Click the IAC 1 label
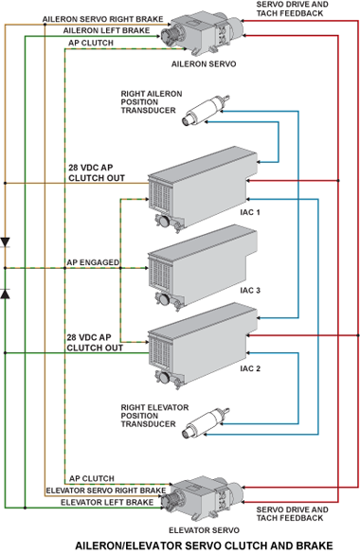coord(250,212)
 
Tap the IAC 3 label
coord(250,291)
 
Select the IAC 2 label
coord(250,368)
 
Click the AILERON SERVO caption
coord(204,64)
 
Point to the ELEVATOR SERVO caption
coord(205,530)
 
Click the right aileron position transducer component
coord(206,110)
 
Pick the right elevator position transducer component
coord(206,423)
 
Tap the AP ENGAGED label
coord(93,262)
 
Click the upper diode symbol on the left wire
coord(5,242)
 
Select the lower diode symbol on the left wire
coord(5,294)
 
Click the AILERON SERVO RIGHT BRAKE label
coord(103,19)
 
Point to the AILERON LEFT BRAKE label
coord(107,30)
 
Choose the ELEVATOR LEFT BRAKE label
coord(107,502)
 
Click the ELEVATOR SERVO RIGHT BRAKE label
coord(106,491)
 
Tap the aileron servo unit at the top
coord(202,34)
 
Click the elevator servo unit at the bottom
coord(202,498)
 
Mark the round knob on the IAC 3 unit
coord(164,299)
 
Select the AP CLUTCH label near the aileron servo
coord(91,44)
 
